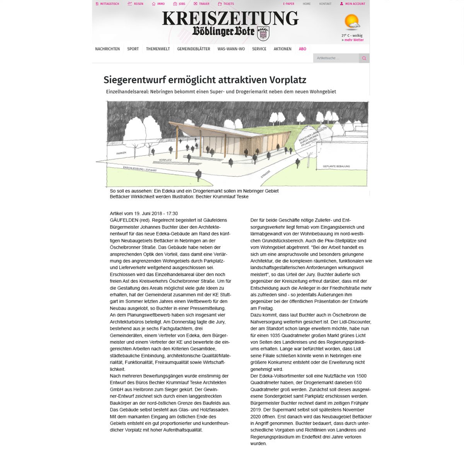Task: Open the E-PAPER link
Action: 288,4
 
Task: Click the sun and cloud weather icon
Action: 352,22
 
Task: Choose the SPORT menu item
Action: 133,49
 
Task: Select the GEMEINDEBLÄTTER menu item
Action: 193,49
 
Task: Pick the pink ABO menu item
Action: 302,49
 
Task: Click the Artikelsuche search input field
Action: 336,58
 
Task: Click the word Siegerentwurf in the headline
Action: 130,80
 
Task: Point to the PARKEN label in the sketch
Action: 121,153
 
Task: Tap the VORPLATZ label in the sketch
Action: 165,160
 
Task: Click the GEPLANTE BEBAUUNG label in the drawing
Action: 336,167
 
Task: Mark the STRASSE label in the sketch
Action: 265,174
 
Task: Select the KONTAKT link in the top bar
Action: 325,4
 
